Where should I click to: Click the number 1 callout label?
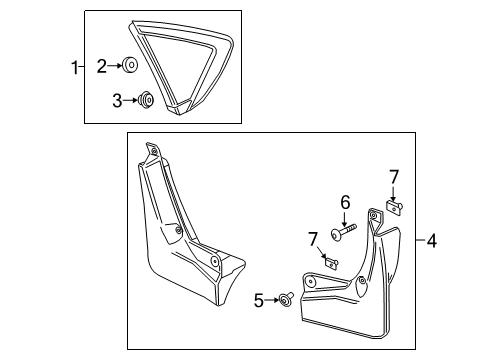click(x=73, y=68)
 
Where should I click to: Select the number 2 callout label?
click(x=101, y=66)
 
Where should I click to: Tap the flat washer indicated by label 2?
click(x=131, y=67)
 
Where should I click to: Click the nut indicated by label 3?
click(x=145, y=99)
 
